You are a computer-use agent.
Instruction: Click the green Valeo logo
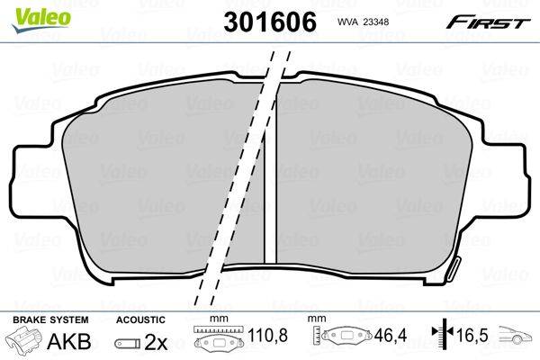click(41, 20)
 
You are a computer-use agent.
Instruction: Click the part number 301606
click(270, 22)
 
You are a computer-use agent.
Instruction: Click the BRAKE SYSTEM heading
click(50, 319)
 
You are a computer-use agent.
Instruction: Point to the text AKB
click(69, 341)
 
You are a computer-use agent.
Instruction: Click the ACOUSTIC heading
click(140, 319)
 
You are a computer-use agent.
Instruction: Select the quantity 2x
click(156, 342)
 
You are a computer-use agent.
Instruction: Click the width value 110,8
click(267, 335)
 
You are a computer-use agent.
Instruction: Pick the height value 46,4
click(391, 335)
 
